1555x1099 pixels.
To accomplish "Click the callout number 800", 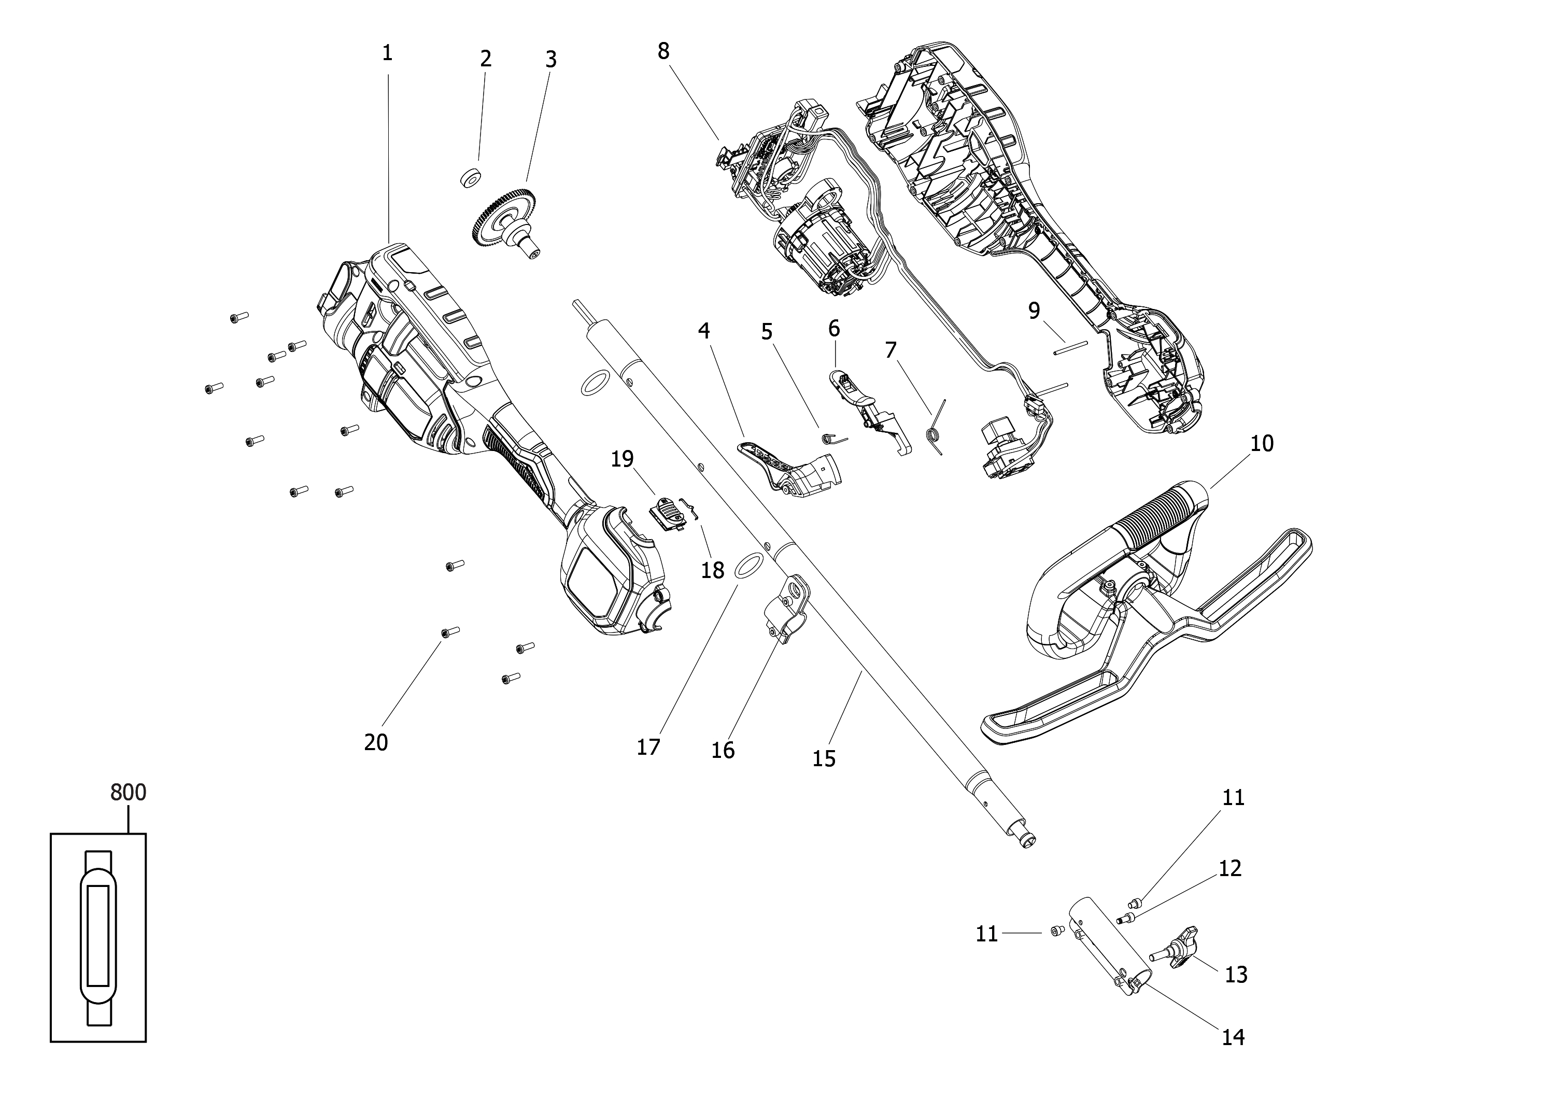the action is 128,792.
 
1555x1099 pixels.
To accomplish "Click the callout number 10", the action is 1262,444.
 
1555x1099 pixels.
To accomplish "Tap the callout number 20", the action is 376,743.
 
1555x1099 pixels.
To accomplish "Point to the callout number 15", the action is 824,758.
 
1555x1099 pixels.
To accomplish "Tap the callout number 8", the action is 663,51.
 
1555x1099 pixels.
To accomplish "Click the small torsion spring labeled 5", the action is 833,438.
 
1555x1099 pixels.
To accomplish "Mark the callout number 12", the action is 1230,868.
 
